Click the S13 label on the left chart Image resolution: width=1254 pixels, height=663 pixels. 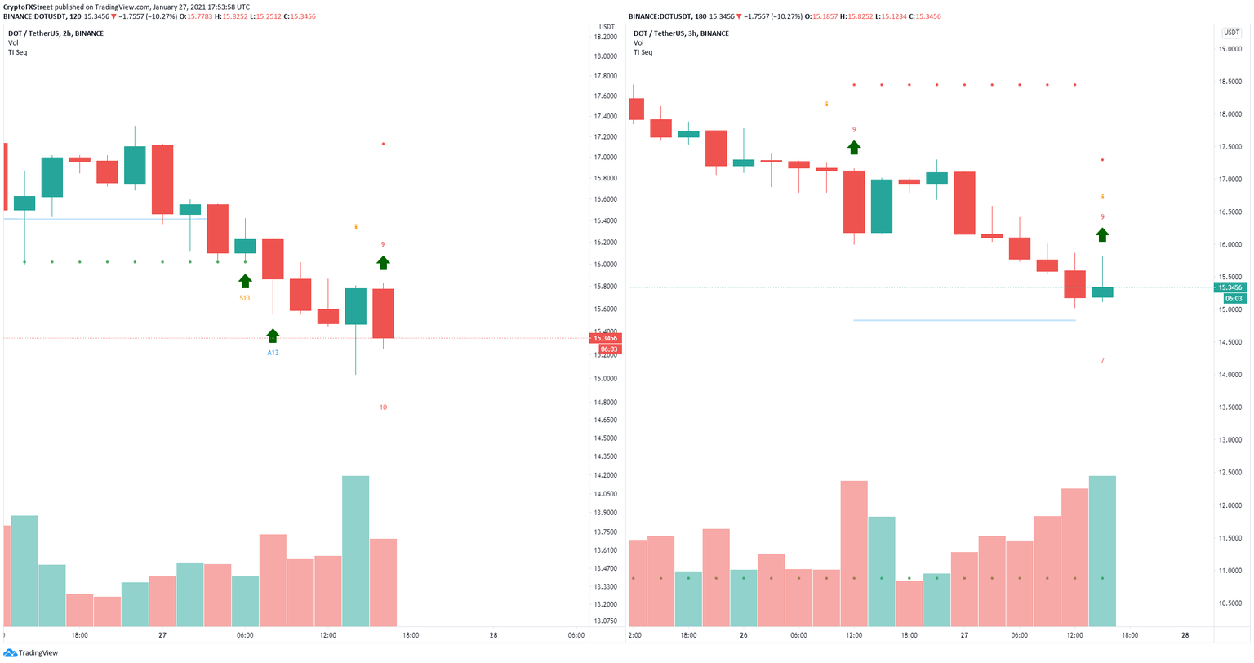245,298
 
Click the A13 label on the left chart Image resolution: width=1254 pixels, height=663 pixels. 273,353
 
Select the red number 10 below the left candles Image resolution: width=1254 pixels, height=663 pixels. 383,407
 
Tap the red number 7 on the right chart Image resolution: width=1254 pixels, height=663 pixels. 1102,360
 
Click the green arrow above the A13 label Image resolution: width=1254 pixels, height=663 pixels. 273,336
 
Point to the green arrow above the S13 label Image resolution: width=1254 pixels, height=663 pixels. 245,281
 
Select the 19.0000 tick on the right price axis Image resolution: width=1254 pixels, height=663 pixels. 1230,49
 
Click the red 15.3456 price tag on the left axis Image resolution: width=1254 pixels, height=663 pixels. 605,338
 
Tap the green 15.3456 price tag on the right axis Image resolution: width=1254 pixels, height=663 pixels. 1230,287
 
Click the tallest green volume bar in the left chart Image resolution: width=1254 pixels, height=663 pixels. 355,551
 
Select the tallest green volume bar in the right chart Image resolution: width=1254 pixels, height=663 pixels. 1102,551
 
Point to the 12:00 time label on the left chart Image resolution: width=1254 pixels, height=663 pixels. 327,636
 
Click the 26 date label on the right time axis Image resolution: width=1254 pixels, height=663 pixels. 744,636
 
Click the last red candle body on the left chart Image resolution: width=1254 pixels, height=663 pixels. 383,314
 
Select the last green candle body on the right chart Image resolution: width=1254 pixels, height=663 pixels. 1102,292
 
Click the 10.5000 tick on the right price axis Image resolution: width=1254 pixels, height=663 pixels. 1230,603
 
